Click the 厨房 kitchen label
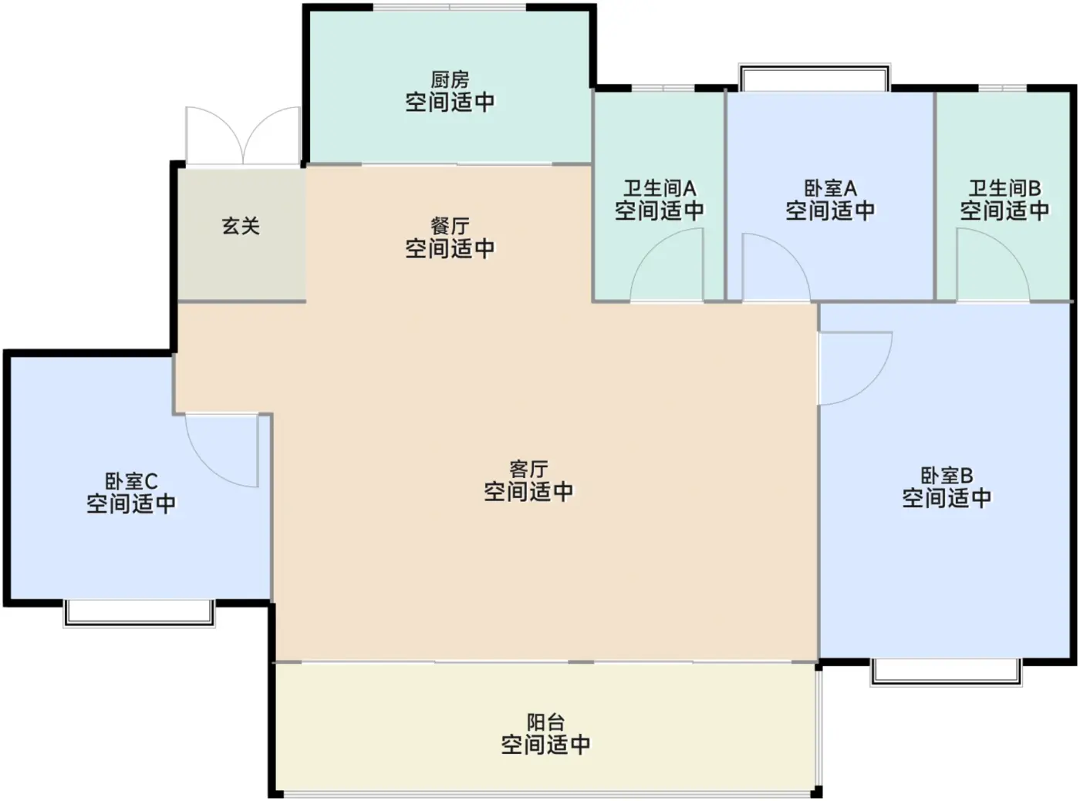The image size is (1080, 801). (x=450, y=80)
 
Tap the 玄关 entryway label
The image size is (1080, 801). (x=241, y=227)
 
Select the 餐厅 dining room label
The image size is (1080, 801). (x=450, y=227)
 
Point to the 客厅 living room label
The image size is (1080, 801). (x=528, y=469)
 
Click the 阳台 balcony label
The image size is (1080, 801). (x=545, y=722)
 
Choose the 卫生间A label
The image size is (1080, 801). (x=660, y=188)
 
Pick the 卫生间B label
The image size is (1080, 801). (x=1004, y=188)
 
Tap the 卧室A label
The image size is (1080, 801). (x=830, y=188)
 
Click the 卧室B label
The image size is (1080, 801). (x=947, y=476)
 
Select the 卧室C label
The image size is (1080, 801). (x=131, y=481)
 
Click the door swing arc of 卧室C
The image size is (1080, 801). (x=206, y=466)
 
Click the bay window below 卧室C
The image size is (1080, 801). (x=140, y=614)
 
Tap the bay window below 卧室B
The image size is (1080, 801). (x=946, y=672)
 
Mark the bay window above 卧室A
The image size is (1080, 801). (x=815, y=77)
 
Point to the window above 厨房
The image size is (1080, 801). (x=450, y=7)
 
